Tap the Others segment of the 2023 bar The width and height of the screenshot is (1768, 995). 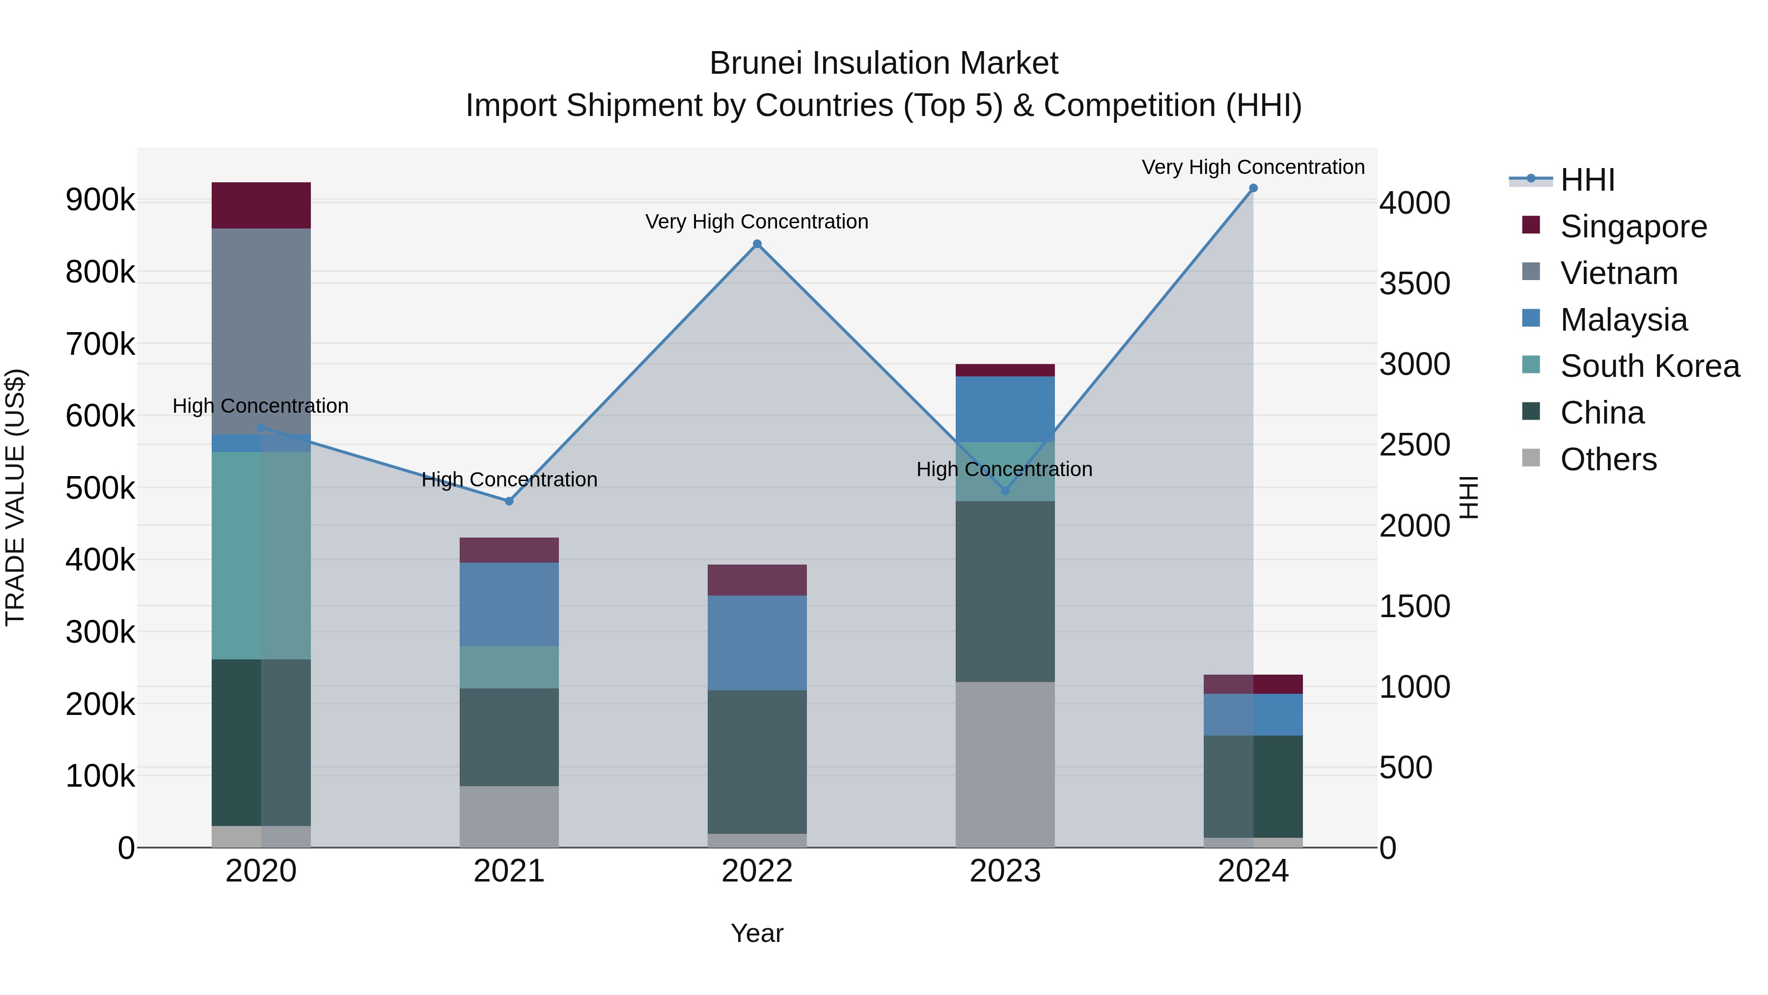tap(1005, 764)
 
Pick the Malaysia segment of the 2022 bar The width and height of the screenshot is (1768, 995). tap(757, 642)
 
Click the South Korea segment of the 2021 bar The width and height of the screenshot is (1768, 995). tap(509, 667)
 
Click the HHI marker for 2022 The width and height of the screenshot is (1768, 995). tap(757, 244)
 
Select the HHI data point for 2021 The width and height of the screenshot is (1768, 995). tap(509, 501)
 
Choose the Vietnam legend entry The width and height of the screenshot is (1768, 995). tap(1618, 273)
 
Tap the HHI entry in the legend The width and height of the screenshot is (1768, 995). tap(1587, 180)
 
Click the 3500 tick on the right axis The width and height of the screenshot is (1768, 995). tap(1414, 284)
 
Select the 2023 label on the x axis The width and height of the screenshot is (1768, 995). tap(1005, 871)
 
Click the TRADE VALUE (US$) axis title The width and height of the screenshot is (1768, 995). tap(15, 497)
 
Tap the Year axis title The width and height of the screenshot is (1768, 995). tap(757, 933)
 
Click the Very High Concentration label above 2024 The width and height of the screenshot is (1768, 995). tap(1252, 167)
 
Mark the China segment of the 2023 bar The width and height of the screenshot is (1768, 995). tap(1005, 591)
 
